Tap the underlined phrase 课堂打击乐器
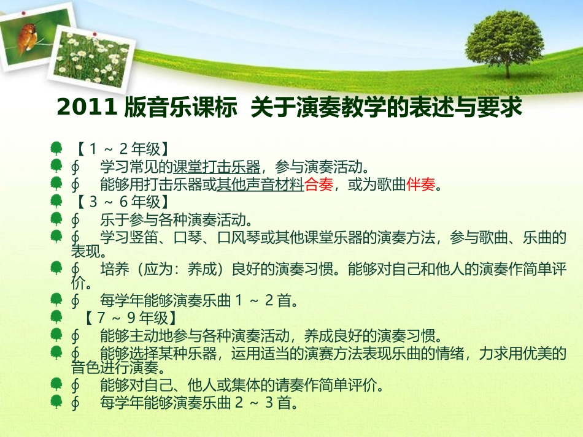pyautogui.click(x=217, y=166)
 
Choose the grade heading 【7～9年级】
pyautogui.click(x=130, y=318)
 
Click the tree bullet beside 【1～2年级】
pyautogui.click(x=56, y=148)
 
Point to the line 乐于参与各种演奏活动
pyautogui.click(x=175, y=219)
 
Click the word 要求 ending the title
pyautogui.click(x=506, y=107)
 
